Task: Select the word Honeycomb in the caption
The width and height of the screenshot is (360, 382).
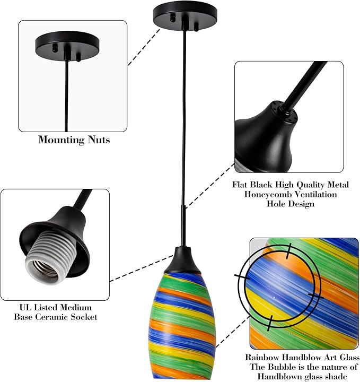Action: pos(267,194)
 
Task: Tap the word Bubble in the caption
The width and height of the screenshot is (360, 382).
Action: pos(280,367)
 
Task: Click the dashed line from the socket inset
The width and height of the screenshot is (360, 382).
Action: pos(142,268)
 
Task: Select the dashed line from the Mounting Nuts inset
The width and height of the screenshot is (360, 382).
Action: pos(144,47)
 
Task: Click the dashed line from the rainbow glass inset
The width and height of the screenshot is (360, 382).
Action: pos(233,332)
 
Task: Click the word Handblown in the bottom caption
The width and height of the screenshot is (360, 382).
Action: pos(279,376)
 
